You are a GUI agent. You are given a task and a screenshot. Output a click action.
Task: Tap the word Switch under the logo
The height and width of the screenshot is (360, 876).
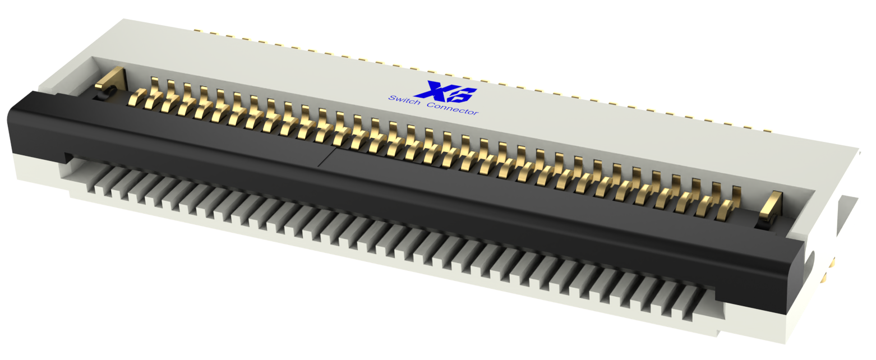coord(404,101)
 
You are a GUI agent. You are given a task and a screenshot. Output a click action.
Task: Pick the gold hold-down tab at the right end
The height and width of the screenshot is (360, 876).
coord(769,206)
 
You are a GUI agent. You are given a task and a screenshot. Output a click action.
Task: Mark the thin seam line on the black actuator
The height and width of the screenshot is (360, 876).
coord(328,156)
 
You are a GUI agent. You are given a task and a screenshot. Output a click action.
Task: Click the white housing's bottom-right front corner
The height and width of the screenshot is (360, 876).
coord(785,341)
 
